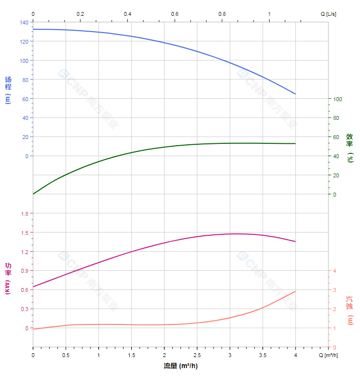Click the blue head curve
click(164, 43)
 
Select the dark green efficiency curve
click(164, 147)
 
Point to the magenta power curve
click(164, 243)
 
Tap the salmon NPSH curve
click(164, 324)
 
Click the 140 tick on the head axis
click(24, 23)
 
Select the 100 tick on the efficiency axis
click(337, 99)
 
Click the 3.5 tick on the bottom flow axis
click(262, 355)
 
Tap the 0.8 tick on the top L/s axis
click(222, 14)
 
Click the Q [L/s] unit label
click(328, 14)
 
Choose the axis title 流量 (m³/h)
click(180, 366)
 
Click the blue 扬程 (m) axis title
click(8, 90)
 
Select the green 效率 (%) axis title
click(349, 148)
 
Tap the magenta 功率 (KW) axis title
click(8, 278)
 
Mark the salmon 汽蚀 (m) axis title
click(349, 310)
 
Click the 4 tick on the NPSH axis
click(335, 271)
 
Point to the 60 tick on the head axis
click(25, 99)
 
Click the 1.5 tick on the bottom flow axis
click(131, 355)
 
